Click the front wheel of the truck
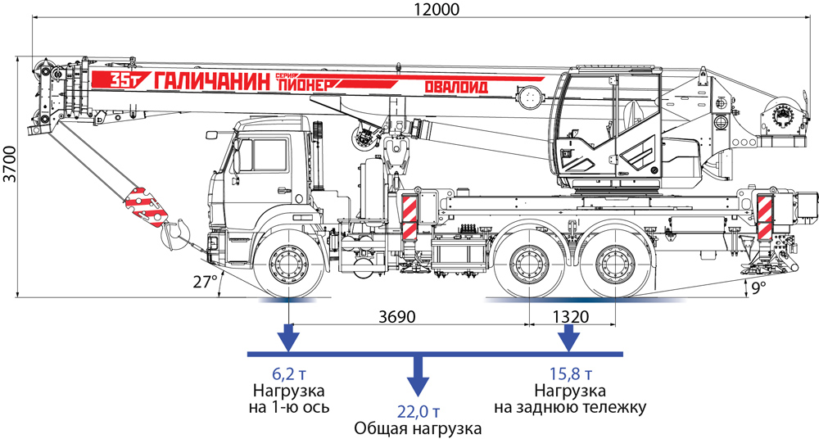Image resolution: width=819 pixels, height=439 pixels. click(x=289, y=265)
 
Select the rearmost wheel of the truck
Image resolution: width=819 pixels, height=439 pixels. click(x=616, y=265)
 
